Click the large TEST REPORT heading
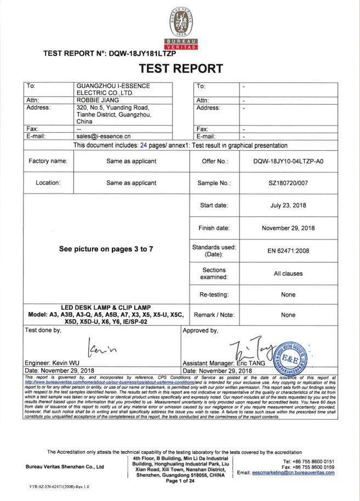pyautogui.click(x=180, y=69)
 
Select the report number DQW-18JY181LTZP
pyautogui.click(x=137, y=54)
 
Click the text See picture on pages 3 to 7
pyautogui.click(x=104, y=249)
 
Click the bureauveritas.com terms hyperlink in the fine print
pyautogui.click(x=110, y=382)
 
